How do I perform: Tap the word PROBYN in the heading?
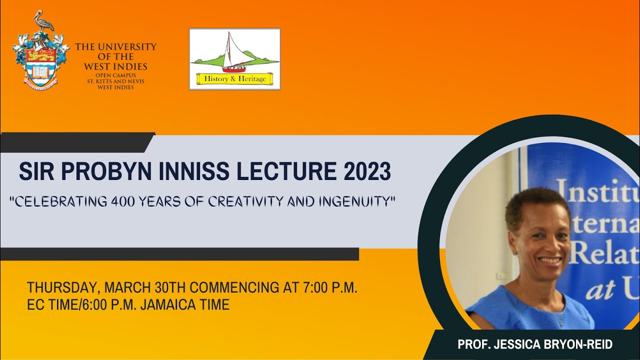click(102, 172)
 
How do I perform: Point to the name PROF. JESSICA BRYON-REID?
click(535, 345)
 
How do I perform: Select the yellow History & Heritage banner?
click(234, 78)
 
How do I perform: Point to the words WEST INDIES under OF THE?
click(115, 66)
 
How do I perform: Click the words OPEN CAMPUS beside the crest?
click(115, 75)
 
